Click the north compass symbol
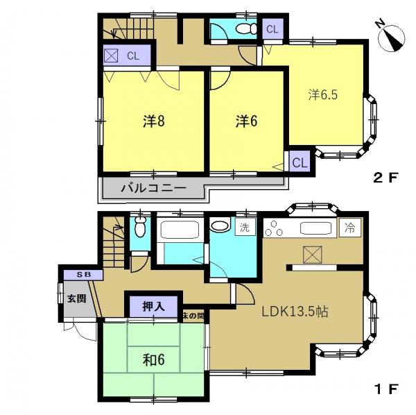[391, 37]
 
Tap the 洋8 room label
[154, 121]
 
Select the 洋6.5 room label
[322, 94]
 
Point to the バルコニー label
[154, 189]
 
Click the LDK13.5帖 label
[295, 312]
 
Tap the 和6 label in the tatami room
[154, 359]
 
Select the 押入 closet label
[154, 307]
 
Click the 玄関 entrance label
[76, 298]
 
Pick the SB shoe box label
[84, 275]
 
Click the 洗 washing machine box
[245, 228]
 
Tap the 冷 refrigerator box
[350, 228]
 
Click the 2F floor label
[385, 178]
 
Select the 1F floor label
[385, 389]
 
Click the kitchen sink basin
[315, 228]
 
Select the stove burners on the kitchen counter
[274, 228]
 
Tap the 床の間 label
[193, 316]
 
